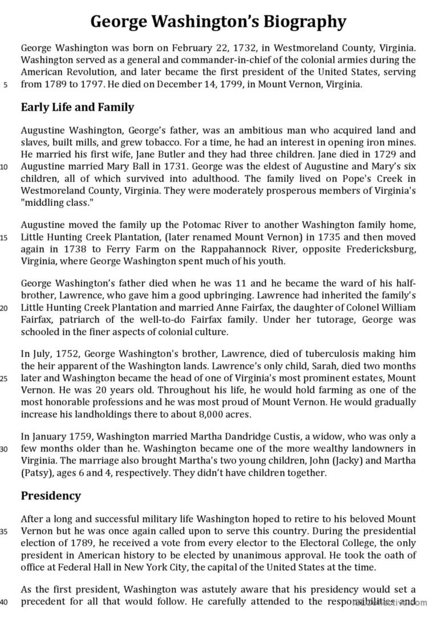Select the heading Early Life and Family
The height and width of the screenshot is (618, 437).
(x=78, y=107)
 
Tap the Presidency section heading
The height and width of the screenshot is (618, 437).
(x=51, y=495)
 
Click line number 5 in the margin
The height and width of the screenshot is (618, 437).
(x=5, y=86)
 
